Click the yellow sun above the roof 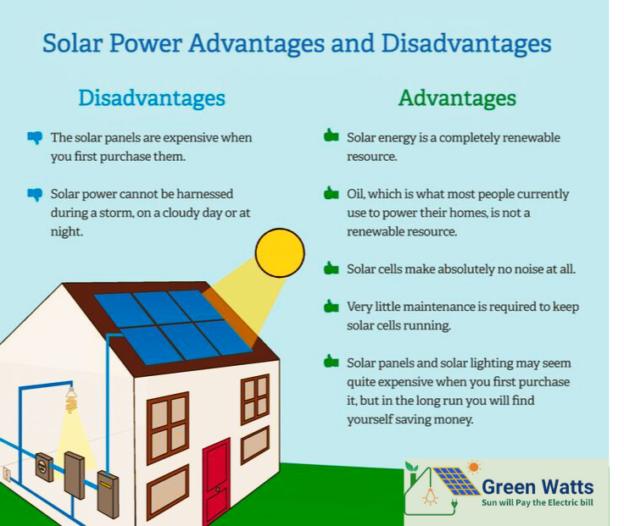click(x=280, y=252)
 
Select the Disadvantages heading click(x=152, y=98)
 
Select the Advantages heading click(x=457, y=98)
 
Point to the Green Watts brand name click(x=538, y=486)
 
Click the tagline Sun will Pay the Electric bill click(x=538, y=503)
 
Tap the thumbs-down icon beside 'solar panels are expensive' click(x=35, y=136)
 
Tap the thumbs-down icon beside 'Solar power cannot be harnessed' click(x=35, y=194)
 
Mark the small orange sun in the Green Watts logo click(x=473, y=466)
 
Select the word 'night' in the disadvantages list click(x=66, y=230)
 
